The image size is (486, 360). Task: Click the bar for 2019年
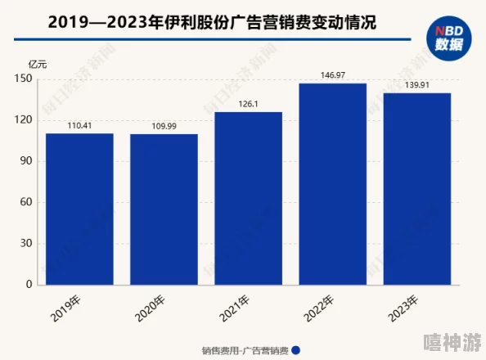point(79,209)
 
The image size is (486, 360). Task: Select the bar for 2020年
point(164,209)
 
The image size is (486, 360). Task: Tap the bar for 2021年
point(248,198)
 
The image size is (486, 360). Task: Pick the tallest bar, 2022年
point(332,184)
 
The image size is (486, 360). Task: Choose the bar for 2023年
point(416,188)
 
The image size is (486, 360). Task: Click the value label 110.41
point(79,125)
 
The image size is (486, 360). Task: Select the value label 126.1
point(248,104)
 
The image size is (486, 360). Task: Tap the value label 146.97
point(332,75)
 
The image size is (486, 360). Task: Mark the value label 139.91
point(416,85)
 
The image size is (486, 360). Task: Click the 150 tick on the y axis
point(23,79)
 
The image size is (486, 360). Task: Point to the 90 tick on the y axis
point(25,161)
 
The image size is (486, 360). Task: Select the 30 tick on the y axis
point(25,243)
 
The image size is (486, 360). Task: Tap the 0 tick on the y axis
point(28,284)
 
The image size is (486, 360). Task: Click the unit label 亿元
point(38,63)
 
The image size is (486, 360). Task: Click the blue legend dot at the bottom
point(295,349)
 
